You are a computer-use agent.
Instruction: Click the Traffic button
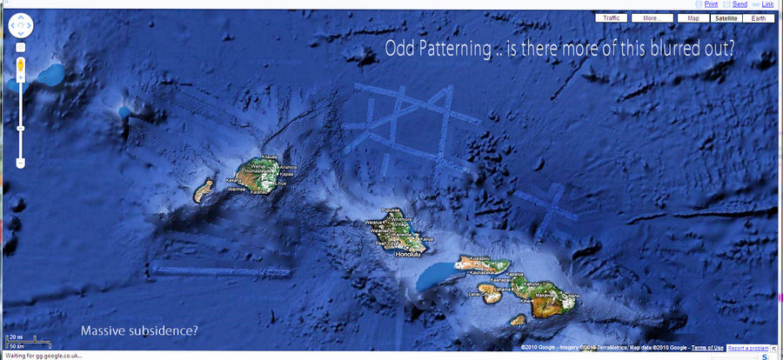(x=612, y=17)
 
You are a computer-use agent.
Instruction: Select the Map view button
(x=693, y=17)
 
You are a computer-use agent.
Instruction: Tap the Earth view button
(x=759, y=17)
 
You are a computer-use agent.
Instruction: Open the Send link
(x=739, y=4)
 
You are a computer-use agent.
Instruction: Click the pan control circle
(x=20, y=27)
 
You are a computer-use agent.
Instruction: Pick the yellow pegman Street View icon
(x=20, y=65)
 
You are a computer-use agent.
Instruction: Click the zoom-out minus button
(x=20, y=163)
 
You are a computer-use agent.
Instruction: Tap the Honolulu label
(x=407, y=255)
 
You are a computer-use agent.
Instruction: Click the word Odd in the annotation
(x=398, y=50)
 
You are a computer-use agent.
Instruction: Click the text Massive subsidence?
(x=139, y=330)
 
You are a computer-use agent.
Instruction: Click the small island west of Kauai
(x=205, y=188)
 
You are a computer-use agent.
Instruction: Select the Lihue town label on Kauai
(x=281, y=183)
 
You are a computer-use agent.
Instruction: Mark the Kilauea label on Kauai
(x=270, y=157)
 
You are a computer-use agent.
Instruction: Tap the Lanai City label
(x=475, y=293)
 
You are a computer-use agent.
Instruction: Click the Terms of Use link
(x=707, y=348)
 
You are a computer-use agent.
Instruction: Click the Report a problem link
(x=748, y=348)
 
